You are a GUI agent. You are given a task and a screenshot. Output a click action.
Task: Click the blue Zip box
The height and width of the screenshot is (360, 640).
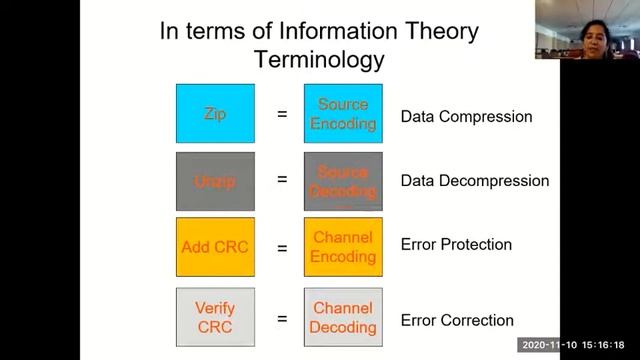click(215, 114)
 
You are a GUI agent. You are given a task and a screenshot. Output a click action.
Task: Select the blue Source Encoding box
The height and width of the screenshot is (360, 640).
click(343, 114)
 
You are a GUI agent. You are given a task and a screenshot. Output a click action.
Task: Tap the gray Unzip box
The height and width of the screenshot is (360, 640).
click(215, 181)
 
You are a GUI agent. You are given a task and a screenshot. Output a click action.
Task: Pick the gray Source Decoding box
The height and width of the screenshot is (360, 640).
click(343, 181)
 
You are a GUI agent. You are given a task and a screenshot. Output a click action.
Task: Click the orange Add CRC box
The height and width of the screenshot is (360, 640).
click(215, 247)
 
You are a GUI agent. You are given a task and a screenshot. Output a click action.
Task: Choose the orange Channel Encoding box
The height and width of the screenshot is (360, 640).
click(343, 247)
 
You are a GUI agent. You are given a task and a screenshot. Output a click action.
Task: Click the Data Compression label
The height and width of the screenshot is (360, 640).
click(466, 117)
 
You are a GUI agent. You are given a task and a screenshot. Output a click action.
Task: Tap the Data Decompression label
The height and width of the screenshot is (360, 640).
click(474, 181)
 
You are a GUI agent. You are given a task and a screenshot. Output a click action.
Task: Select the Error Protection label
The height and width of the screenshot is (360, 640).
click(456, 245)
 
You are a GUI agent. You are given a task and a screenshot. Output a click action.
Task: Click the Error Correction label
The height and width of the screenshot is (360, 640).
click(457, 321)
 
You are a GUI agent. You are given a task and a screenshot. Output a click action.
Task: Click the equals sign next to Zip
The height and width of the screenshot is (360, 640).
click(282, 115)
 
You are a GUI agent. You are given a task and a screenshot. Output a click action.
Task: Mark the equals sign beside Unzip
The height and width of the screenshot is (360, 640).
click(282, 181)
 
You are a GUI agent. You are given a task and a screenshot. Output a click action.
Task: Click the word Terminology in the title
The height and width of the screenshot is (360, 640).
click(319, 59)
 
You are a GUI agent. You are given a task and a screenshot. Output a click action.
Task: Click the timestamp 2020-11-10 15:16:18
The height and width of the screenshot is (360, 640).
click(579, 345)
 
